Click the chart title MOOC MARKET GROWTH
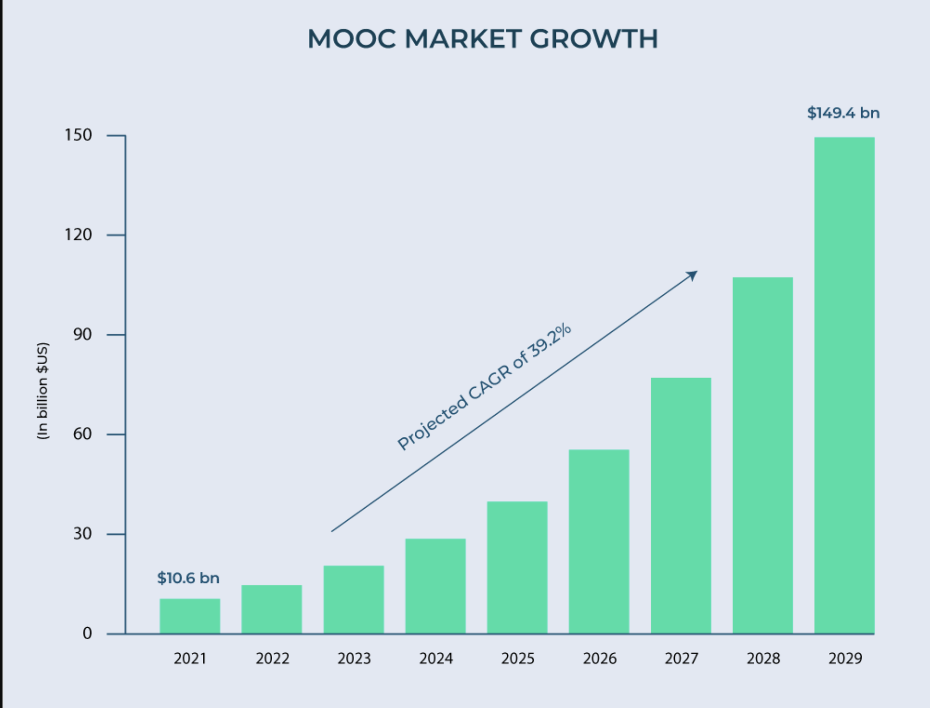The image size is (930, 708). (x=482, y=39)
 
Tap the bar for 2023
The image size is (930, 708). (x=354, y=600)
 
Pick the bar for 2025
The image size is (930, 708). (x=517, y=567)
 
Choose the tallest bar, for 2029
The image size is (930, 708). (x=844, y=385)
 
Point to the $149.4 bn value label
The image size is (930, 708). (x=843, y=113)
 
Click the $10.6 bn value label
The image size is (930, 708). (x=188, y=578)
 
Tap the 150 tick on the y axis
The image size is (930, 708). (x=78, y=135)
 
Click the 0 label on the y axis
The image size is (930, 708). (x=87, y=633)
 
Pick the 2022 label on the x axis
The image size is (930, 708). (x=272, y=658)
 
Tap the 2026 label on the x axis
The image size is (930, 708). (x=600, y=658)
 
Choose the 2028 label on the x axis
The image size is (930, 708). (x=763, y=658)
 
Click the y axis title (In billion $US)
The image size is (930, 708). (x=43, y=391)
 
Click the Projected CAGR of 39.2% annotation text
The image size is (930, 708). (x=484, y=387)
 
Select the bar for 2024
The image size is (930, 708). (x=435, y=586)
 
